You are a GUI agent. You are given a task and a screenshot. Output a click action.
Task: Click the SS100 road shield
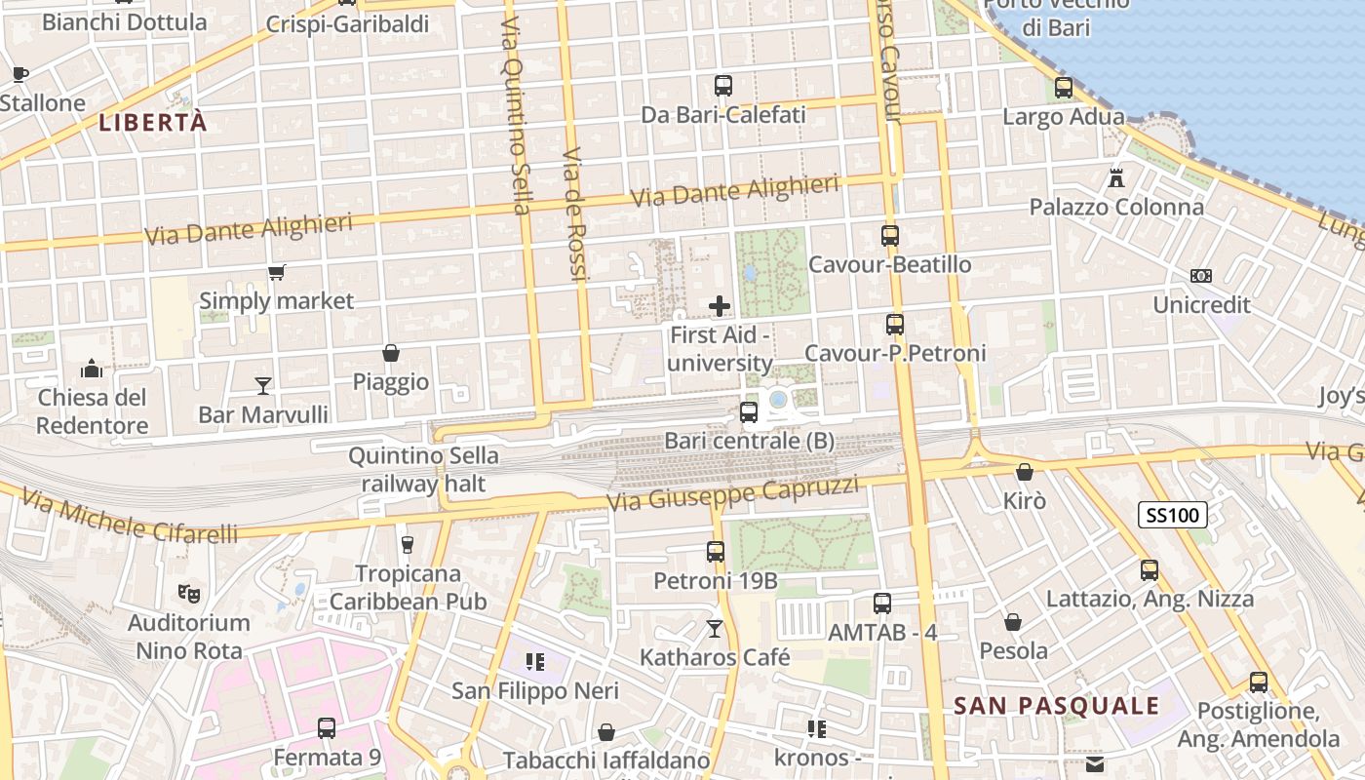[x=1173, y=515]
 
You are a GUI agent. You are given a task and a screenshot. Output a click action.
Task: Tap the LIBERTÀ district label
[x=154, y=123]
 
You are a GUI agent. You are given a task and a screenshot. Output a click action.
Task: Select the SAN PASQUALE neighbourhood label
[x=1057, y=706]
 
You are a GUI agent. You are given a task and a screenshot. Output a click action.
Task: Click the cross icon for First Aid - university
[x=720, y=306]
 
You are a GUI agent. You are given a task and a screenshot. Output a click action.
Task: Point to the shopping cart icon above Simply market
[x=277, y=272]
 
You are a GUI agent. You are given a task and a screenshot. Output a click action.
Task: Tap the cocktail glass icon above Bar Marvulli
[x=263, y=386]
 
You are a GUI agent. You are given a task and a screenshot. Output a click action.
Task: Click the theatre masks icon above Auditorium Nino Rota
[x=189, y=593]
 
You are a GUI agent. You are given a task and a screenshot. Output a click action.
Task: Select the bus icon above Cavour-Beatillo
[x=890, y=235]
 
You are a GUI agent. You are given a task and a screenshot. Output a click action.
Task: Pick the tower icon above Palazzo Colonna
[x=1116, y=178]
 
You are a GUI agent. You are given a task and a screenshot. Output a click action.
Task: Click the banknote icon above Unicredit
[x=1201, y=276]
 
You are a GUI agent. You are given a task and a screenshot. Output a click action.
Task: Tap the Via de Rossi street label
[x=574, y=214]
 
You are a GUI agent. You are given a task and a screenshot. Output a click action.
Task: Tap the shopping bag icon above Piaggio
[x=391, y=353]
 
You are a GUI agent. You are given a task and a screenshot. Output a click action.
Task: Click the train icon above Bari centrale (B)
[x=749, y=412]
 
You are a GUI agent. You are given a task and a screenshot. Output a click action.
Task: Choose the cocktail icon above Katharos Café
[x=715, y=629]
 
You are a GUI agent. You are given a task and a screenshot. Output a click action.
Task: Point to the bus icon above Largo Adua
[x=1064, y=88]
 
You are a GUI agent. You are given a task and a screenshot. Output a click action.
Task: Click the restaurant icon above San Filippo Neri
[x=534, y=663]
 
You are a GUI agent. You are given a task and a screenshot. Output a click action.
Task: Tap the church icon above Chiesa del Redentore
[x=93, y=369]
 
